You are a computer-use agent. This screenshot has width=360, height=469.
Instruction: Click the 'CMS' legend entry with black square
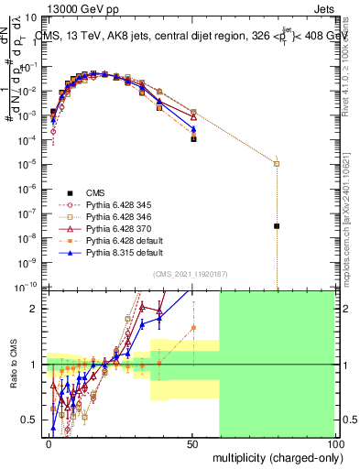(96, 192)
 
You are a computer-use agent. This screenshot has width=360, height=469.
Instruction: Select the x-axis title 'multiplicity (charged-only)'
(272, 456)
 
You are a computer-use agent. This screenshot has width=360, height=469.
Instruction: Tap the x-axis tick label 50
(192, 442)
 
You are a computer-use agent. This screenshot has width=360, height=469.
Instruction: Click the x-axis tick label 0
(49, 442)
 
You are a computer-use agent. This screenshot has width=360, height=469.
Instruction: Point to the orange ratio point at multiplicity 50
(193, 327)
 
